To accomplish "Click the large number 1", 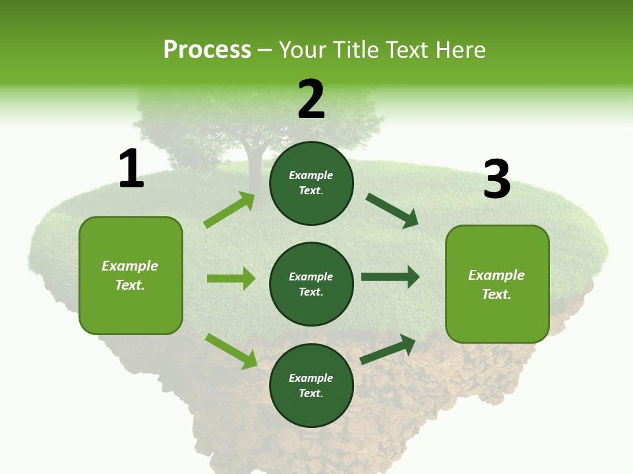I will point(131,169).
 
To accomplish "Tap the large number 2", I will point(311,99).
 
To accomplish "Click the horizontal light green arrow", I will point(231,278).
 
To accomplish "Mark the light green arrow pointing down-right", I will point(231,351).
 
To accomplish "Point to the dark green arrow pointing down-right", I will point(392,211).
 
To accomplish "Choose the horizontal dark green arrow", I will point(390,277).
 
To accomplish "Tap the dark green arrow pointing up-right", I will point(388,350).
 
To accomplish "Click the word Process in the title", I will point(207,49).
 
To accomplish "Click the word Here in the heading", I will point(461,49).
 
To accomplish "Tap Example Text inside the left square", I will point(130,275).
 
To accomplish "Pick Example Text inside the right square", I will point(497,284).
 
